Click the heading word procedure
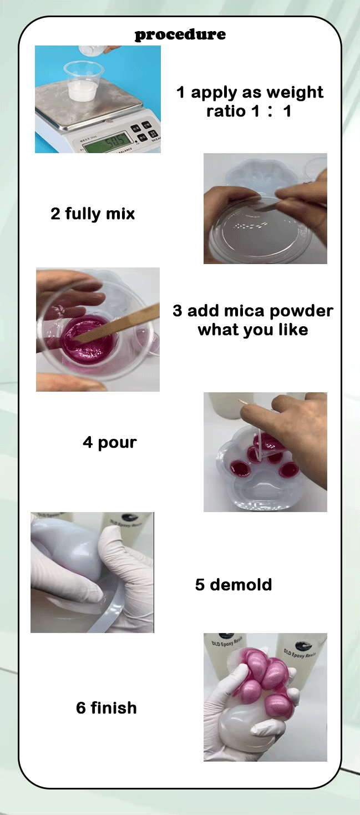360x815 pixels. coord(180,35)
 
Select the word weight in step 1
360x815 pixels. coord(295,93)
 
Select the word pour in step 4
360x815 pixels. coord(117,443)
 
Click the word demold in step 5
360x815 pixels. coord(241,584)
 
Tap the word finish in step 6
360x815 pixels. coord(114,708)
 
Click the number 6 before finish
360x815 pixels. coord(81,708)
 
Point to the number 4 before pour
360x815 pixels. coord(88,442)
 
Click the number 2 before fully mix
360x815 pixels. coord(55,214)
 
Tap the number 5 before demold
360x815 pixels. coord(200,585)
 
